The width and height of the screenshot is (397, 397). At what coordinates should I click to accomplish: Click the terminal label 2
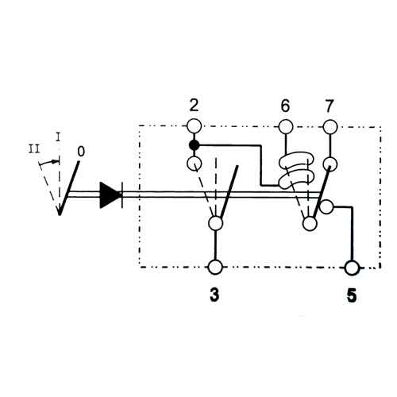click(x=194, y=106)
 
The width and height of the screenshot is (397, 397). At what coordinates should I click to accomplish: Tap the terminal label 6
click(x=285, y=106)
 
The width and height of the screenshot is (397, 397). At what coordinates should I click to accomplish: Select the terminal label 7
click(x=329, y=106)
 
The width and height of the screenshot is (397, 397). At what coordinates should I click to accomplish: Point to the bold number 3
click(x=214, y=295)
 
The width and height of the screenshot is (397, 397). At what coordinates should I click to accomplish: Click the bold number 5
click(x=352, y=295)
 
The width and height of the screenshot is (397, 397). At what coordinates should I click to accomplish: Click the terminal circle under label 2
click(x=195, y=126)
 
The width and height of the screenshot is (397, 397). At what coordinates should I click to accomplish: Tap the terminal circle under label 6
click(x=286, y=126)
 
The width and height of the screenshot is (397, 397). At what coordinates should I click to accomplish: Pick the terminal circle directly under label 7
click(x=330, y=126)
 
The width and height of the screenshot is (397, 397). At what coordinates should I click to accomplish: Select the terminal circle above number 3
click(x=215, y=268)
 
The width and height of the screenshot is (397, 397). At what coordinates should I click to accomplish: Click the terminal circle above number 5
click(x=352, y=268)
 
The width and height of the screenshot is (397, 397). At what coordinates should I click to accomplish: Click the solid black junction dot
click(x=195, y=145)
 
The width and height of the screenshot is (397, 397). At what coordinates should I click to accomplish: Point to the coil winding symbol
click(x=296, y=171)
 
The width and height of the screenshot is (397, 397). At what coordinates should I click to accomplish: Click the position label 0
click(x=81, y=152)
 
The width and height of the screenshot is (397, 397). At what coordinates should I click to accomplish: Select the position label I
click(x=59, y=137)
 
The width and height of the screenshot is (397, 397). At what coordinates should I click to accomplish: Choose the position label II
click(x=34, y=149)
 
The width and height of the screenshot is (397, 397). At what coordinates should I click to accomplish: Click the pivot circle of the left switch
click(x=216, y=223)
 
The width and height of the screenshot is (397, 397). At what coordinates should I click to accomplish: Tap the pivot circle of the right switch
click(x=310, y=224)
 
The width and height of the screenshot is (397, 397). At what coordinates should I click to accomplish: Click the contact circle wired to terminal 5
click(x=326, y=206)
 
